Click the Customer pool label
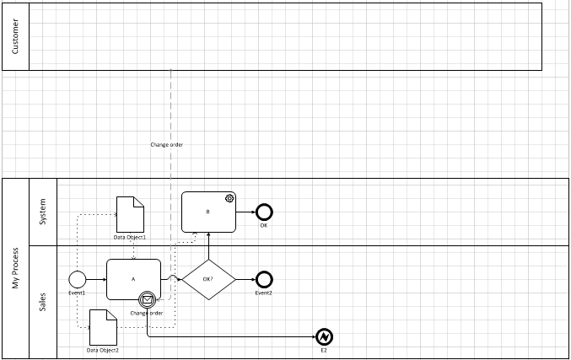coord(15,36)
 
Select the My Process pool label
coord(15,268)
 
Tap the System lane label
coord(43,212)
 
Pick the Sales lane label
coord(43,302)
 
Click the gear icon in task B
coord(229,199)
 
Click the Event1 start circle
coord(78,279)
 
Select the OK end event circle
coord(264,212)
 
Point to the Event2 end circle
coord(264,279)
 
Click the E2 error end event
coord(324,336)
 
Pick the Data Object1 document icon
coord(130,215)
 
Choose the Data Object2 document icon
coord(103,327)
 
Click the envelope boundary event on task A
coord(148,298)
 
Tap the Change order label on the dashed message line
coord(167,145)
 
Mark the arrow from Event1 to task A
coord(96,279)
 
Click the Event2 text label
coord(264,293)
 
